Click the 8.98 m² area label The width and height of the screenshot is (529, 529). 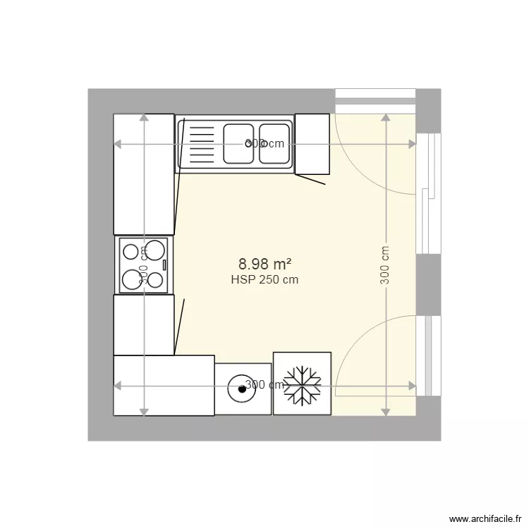(264, 264)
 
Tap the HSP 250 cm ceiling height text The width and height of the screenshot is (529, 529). (264, 280)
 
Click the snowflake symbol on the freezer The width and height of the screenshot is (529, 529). (302, 385)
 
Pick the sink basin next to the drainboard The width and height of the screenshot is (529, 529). (238, 143)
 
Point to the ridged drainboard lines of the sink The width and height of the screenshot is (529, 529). (200, 145)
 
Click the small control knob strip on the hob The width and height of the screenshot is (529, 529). (164, 265)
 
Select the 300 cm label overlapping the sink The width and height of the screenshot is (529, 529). (264, 144)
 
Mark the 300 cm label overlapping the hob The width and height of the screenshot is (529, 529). (143, 264)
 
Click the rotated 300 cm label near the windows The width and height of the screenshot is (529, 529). (385, 264)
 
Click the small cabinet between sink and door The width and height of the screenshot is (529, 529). (312, 144)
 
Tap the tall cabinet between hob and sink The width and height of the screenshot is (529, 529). (144, 174)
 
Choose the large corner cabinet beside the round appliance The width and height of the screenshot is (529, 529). (164, 386)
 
